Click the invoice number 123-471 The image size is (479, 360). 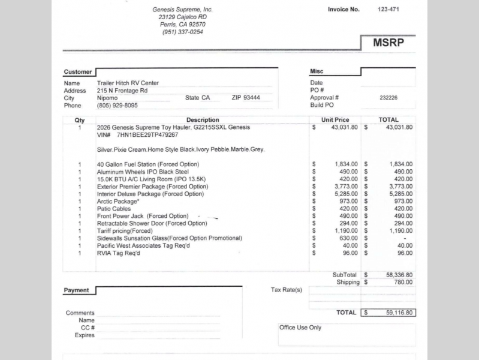388,9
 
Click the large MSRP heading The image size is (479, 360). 388,43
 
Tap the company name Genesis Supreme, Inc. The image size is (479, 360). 182,10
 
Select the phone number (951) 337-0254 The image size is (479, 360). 182,32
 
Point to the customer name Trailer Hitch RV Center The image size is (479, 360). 128,83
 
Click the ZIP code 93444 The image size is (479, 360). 251,98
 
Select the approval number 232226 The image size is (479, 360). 388,98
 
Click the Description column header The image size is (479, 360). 203,120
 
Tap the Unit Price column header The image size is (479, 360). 335,120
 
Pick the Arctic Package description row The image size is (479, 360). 117,202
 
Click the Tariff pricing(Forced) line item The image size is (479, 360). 125,231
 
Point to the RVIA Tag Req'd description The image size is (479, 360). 118,253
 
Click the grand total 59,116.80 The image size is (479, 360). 396,313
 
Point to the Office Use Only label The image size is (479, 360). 300,328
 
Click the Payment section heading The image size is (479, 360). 76,290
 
